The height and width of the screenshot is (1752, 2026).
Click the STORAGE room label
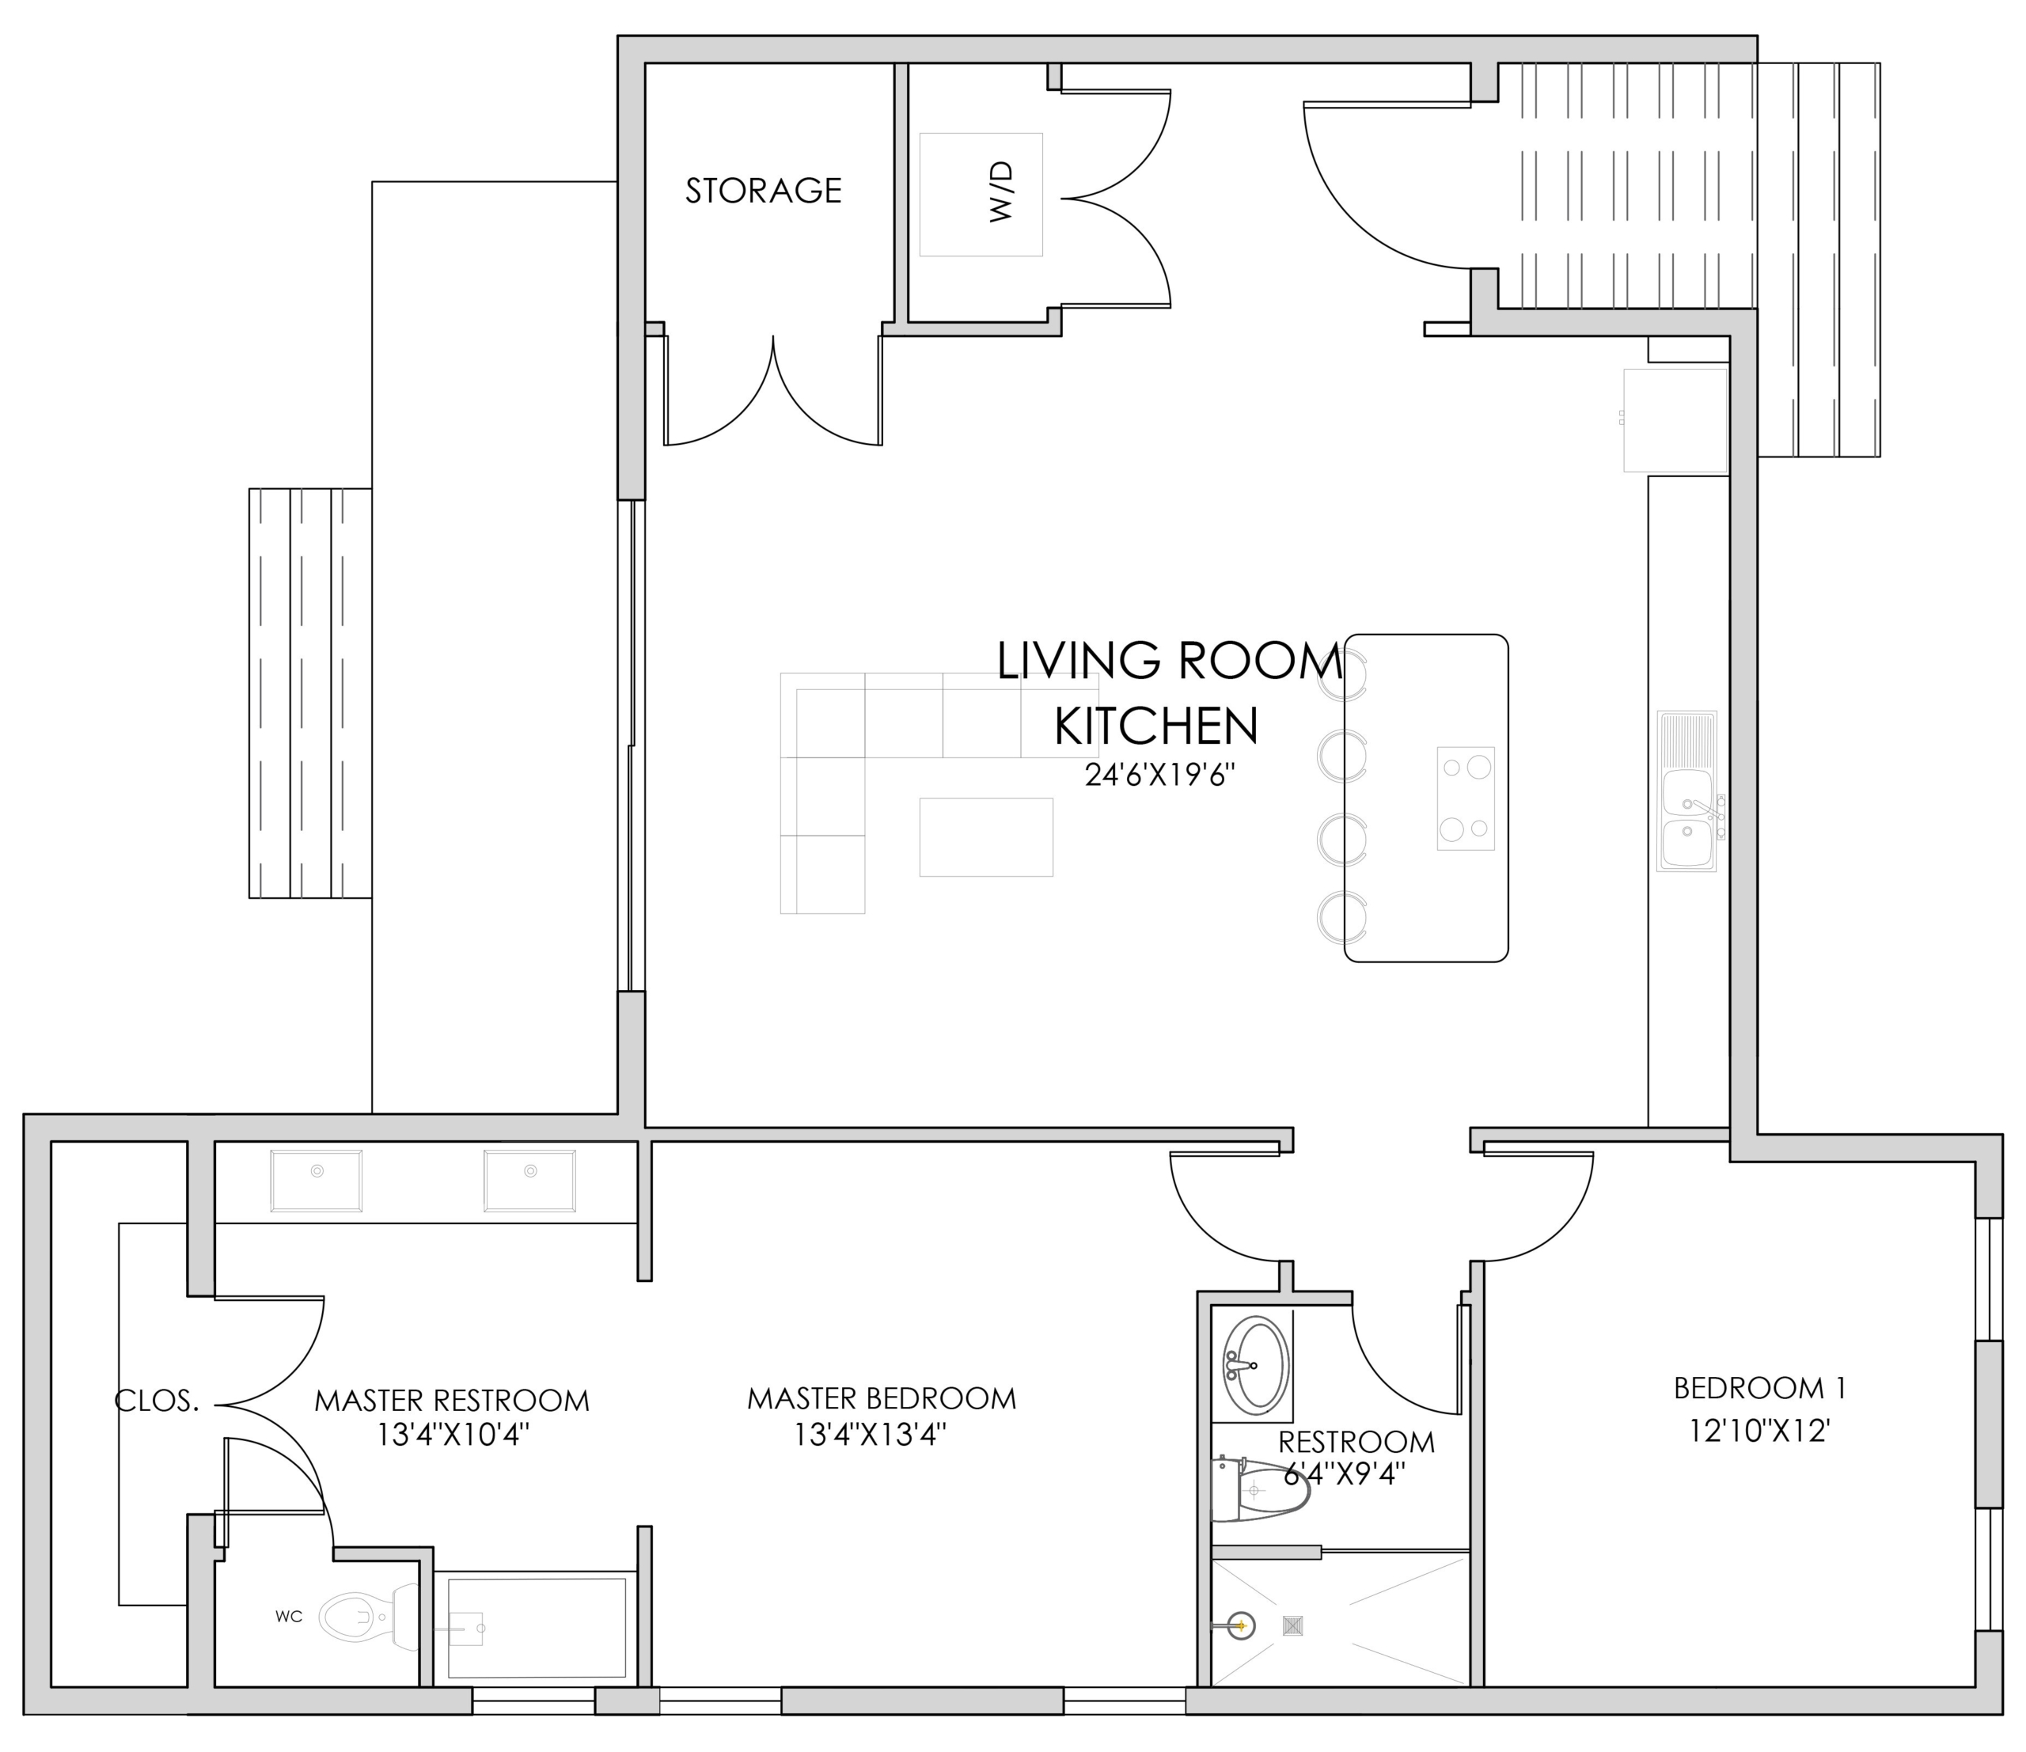pos(763,191)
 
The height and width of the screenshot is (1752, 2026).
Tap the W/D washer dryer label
pos(1001,192)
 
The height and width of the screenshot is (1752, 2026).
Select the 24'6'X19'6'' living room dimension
pos(1159,776)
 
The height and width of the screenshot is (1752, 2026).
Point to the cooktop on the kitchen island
pos(1466,798)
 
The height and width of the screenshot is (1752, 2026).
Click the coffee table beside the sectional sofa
pos(985,837)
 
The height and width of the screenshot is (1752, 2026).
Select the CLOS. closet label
pos(157,1401)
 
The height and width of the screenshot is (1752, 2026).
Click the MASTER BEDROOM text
pos(881,1398)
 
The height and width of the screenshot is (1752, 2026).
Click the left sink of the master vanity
pos(317,1181)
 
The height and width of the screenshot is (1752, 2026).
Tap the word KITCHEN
pos(1155,726)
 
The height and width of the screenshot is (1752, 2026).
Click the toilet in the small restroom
pos(1259,1489)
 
